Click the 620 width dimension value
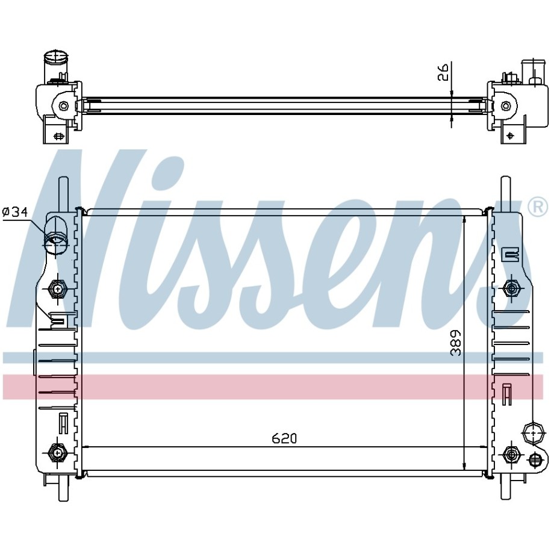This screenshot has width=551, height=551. [x=284, y=438]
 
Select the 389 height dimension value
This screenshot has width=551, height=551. [x=456, y=343]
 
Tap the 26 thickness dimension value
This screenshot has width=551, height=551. [x=443, y=72]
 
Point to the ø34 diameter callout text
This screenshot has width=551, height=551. [x=15, y=212]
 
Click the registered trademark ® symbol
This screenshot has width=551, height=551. [x=538, y=207]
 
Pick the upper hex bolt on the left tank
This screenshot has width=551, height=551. [x=57, y=289]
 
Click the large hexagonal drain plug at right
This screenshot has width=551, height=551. [x=533, y=434]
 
